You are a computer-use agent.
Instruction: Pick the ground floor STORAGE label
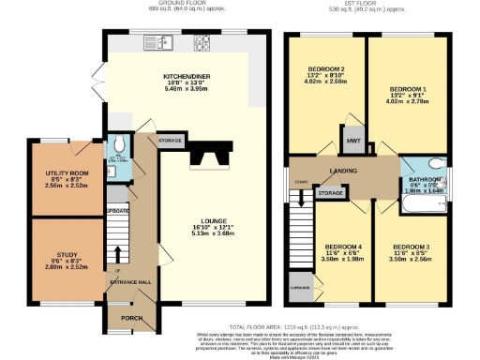(x=170, y=141)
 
